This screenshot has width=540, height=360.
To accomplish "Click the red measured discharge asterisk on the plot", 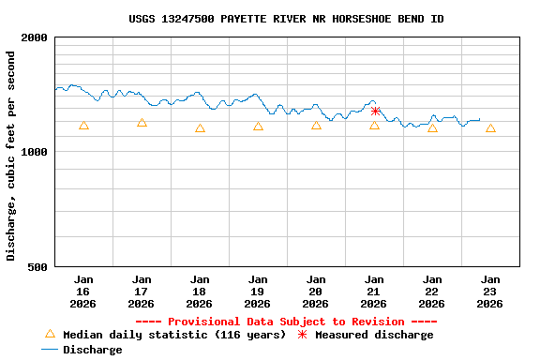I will point(375,111).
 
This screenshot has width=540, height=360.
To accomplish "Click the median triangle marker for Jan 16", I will point(83,125).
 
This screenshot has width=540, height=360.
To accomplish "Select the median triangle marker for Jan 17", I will point(142,123).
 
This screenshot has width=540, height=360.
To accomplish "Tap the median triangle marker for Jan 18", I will point(200,128).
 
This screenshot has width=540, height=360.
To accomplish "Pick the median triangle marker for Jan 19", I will point(258,127).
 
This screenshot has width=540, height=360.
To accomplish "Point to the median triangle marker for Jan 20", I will point(316,125).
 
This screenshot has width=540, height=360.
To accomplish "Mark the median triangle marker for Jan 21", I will point(374,125).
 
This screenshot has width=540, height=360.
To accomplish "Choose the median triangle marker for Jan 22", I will point(432,127).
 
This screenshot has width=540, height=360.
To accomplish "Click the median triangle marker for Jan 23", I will point(490,128).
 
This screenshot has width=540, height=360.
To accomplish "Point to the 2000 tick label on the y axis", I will point(35,38).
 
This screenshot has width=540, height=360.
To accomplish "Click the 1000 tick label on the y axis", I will point(35,152).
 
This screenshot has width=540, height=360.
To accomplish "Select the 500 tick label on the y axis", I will point(38,267).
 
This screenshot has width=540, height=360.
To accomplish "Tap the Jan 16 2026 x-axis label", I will point(83,292).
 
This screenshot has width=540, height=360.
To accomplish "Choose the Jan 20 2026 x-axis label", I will point(316,292).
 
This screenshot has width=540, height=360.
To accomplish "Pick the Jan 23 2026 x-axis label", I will point(490,292).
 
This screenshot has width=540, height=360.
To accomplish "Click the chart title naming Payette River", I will point(286,19).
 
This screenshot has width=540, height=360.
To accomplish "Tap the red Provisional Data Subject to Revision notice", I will point(286,322).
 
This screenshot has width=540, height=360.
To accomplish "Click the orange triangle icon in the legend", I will point(50,334).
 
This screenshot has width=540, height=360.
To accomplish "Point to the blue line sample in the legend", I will point(50,350).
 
